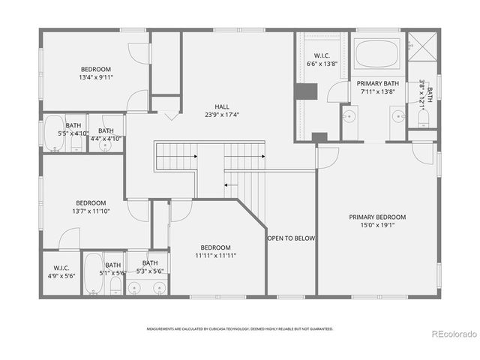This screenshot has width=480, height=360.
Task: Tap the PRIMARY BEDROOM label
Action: click(x=378, y=217)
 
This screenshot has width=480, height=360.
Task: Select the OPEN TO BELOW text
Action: click(x=291, y=238)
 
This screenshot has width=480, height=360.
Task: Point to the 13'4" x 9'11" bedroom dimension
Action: click(x=95, y=76)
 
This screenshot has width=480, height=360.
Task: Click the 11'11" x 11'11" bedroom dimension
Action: click(x=215, y=256)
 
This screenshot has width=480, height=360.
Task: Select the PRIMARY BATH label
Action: click(x=377, y=84)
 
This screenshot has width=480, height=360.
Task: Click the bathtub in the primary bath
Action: click(x=378, y=54)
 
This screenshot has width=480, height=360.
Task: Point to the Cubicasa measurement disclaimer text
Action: click(x=239, y=328)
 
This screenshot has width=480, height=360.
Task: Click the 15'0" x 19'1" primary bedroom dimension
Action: click(x=378, y=226)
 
